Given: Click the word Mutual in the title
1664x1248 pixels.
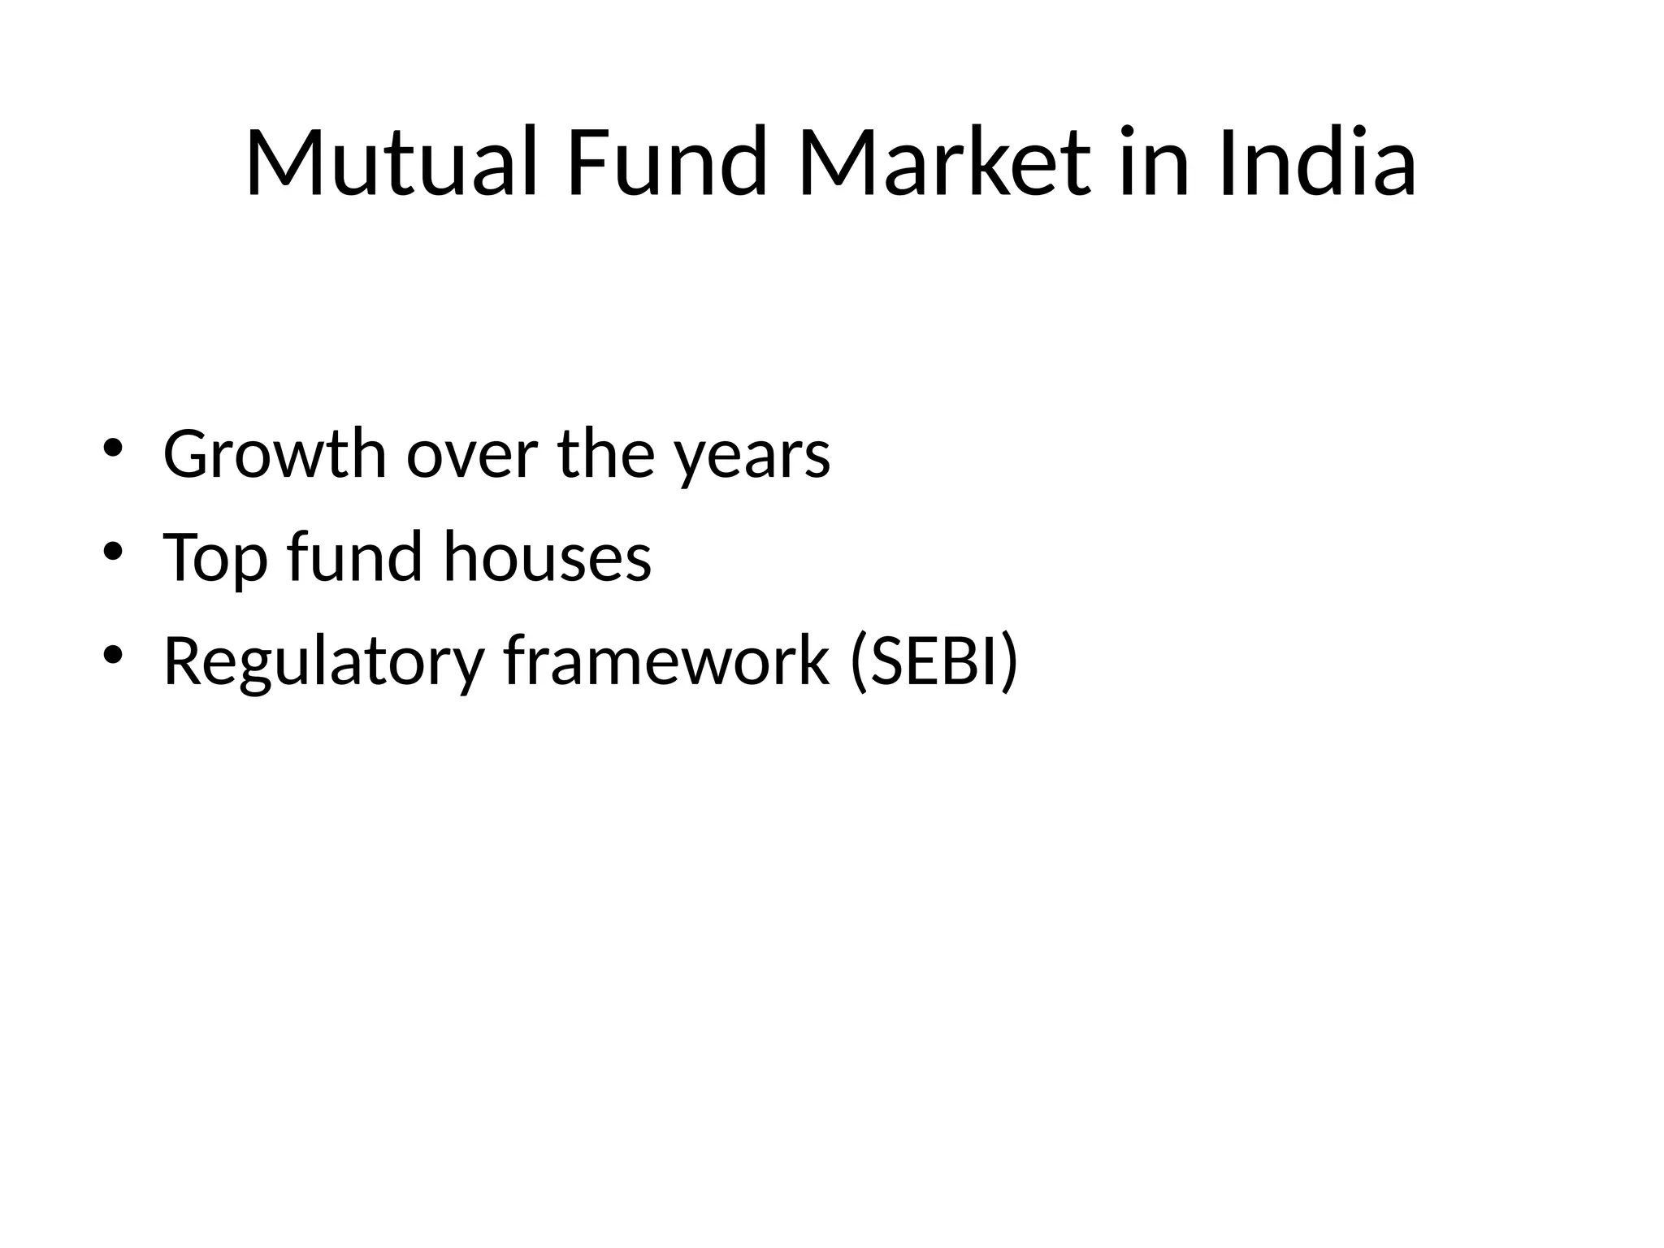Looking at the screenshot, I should coord(391,162).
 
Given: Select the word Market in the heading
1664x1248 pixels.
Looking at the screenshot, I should coord(944,162).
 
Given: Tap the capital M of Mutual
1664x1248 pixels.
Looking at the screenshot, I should coord(285,162).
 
